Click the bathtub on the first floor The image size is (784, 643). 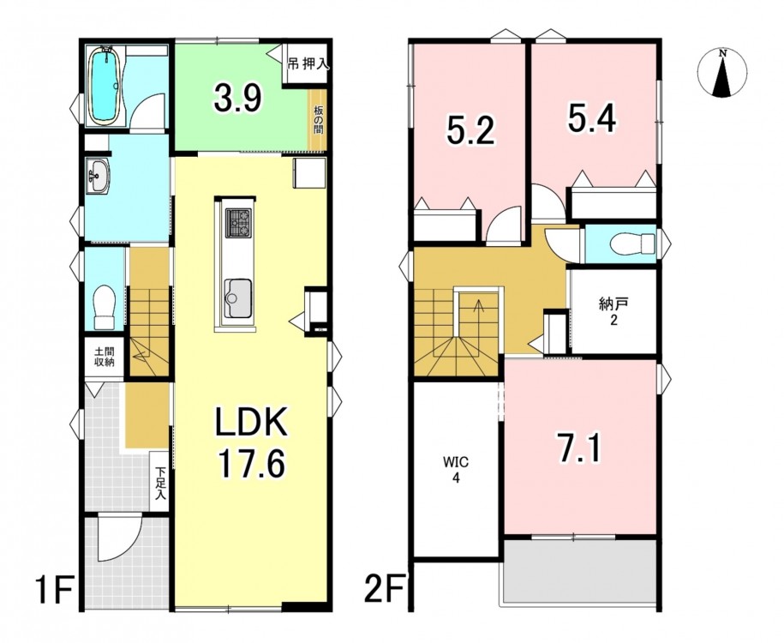pos(105,86)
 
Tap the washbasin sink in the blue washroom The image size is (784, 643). pos(98,176)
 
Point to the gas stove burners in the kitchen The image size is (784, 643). pos(238,223)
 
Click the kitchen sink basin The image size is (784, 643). pos(238,298)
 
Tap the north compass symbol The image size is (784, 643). pos(721,73)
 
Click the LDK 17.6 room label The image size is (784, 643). pos(251,442)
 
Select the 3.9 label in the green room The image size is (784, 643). pos(237,98)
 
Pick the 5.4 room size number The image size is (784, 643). pos(591,117)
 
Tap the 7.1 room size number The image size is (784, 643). pos(579,448)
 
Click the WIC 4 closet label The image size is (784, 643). pos(456,469)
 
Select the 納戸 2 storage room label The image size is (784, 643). pos(613,311)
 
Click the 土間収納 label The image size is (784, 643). pos(104,357)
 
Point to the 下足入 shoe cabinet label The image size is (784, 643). pos(160,484)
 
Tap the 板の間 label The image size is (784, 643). pos(318,120)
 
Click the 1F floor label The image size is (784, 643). pos(55,591)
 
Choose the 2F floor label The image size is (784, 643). pos(386,591)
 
